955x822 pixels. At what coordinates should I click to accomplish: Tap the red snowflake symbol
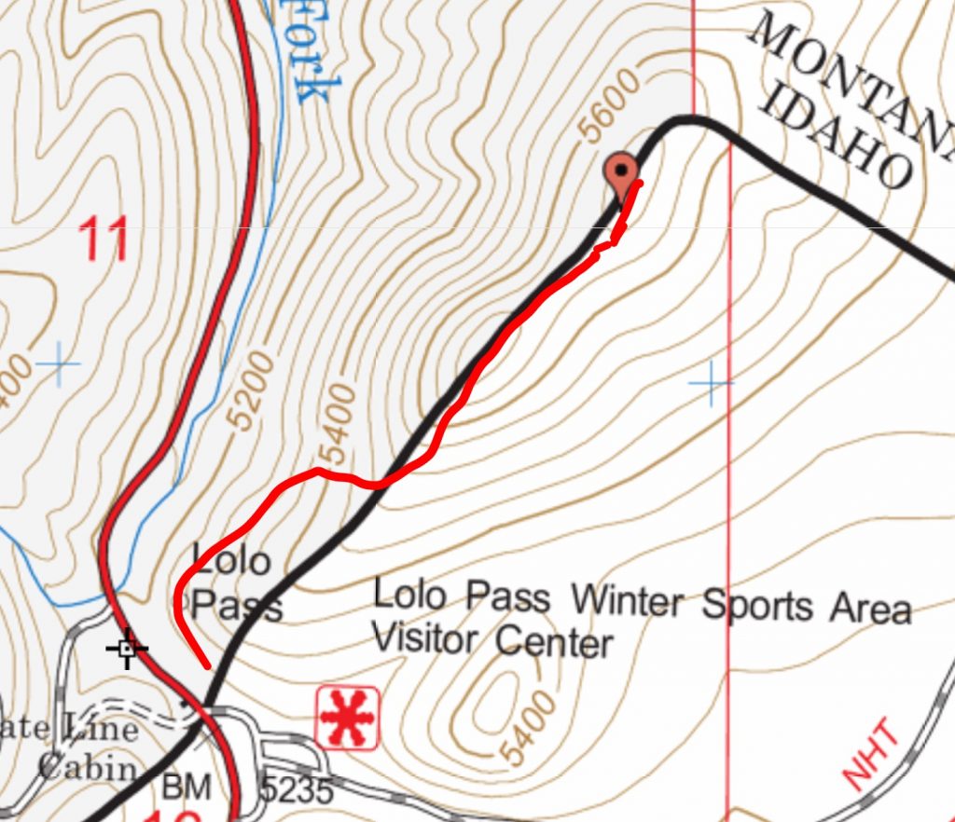pos(347,718)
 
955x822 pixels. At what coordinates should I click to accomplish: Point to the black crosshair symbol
pos(127,648)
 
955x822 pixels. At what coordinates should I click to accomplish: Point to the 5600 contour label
pos(611,106)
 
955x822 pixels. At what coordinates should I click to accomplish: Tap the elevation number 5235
pos(296,790)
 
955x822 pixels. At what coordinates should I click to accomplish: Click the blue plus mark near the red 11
pos(59,363)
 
